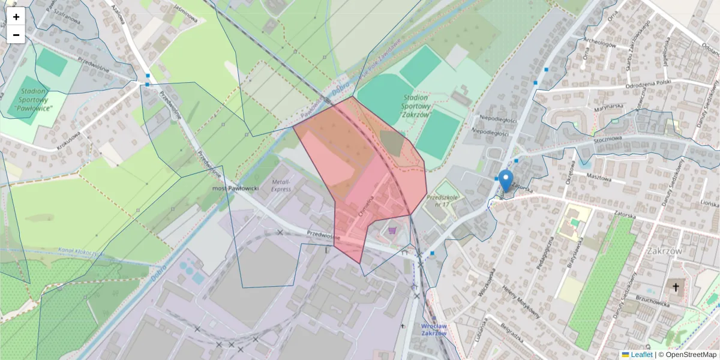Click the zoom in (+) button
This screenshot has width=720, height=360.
pos(16,17)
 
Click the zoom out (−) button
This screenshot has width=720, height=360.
pos(16,35)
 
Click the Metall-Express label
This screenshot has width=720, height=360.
pos(280,185)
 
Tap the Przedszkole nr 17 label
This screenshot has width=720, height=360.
pos(443,200)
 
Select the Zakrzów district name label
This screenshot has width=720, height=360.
pos(664,251)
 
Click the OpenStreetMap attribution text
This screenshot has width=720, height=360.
pos(687,355)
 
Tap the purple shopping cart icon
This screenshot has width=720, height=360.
pos(392,230)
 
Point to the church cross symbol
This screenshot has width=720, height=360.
pos(676,287)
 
